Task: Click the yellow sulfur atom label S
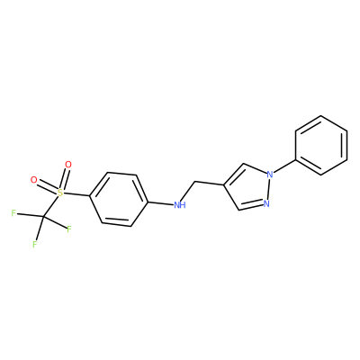pos(60,193)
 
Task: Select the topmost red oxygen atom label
pos(68,165)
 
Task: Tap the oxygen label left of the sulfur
pos(34,180)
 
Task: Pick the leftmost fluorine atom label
pos(13,213)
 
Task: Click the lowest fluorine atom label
pos(35,244)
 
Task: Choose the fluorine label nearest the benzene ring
pos(69,229)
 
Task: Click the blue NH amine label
pos(180,205)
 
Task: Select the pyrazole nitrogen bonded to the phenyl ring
pos(270,174)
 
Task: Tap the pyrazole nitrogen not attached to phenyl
pos(266,203)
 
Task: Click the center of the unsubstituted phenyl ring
pos(321,145)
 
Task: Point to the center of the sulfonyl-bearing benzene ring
pos(119,199)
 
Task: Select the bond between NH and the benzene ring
pos(161,203)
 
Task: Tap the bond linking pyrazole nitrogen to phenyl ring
pos(284,166)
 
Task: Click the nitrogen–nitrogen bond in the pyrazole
pos(268,189)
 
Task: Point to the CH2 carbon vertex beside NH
pos(195,182)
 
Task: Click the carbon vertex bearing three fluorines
pos(42,216)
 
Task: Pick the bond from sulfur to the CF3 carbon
pos(50,206)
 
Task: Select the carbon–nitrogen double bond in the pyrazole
pos(251,206)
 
